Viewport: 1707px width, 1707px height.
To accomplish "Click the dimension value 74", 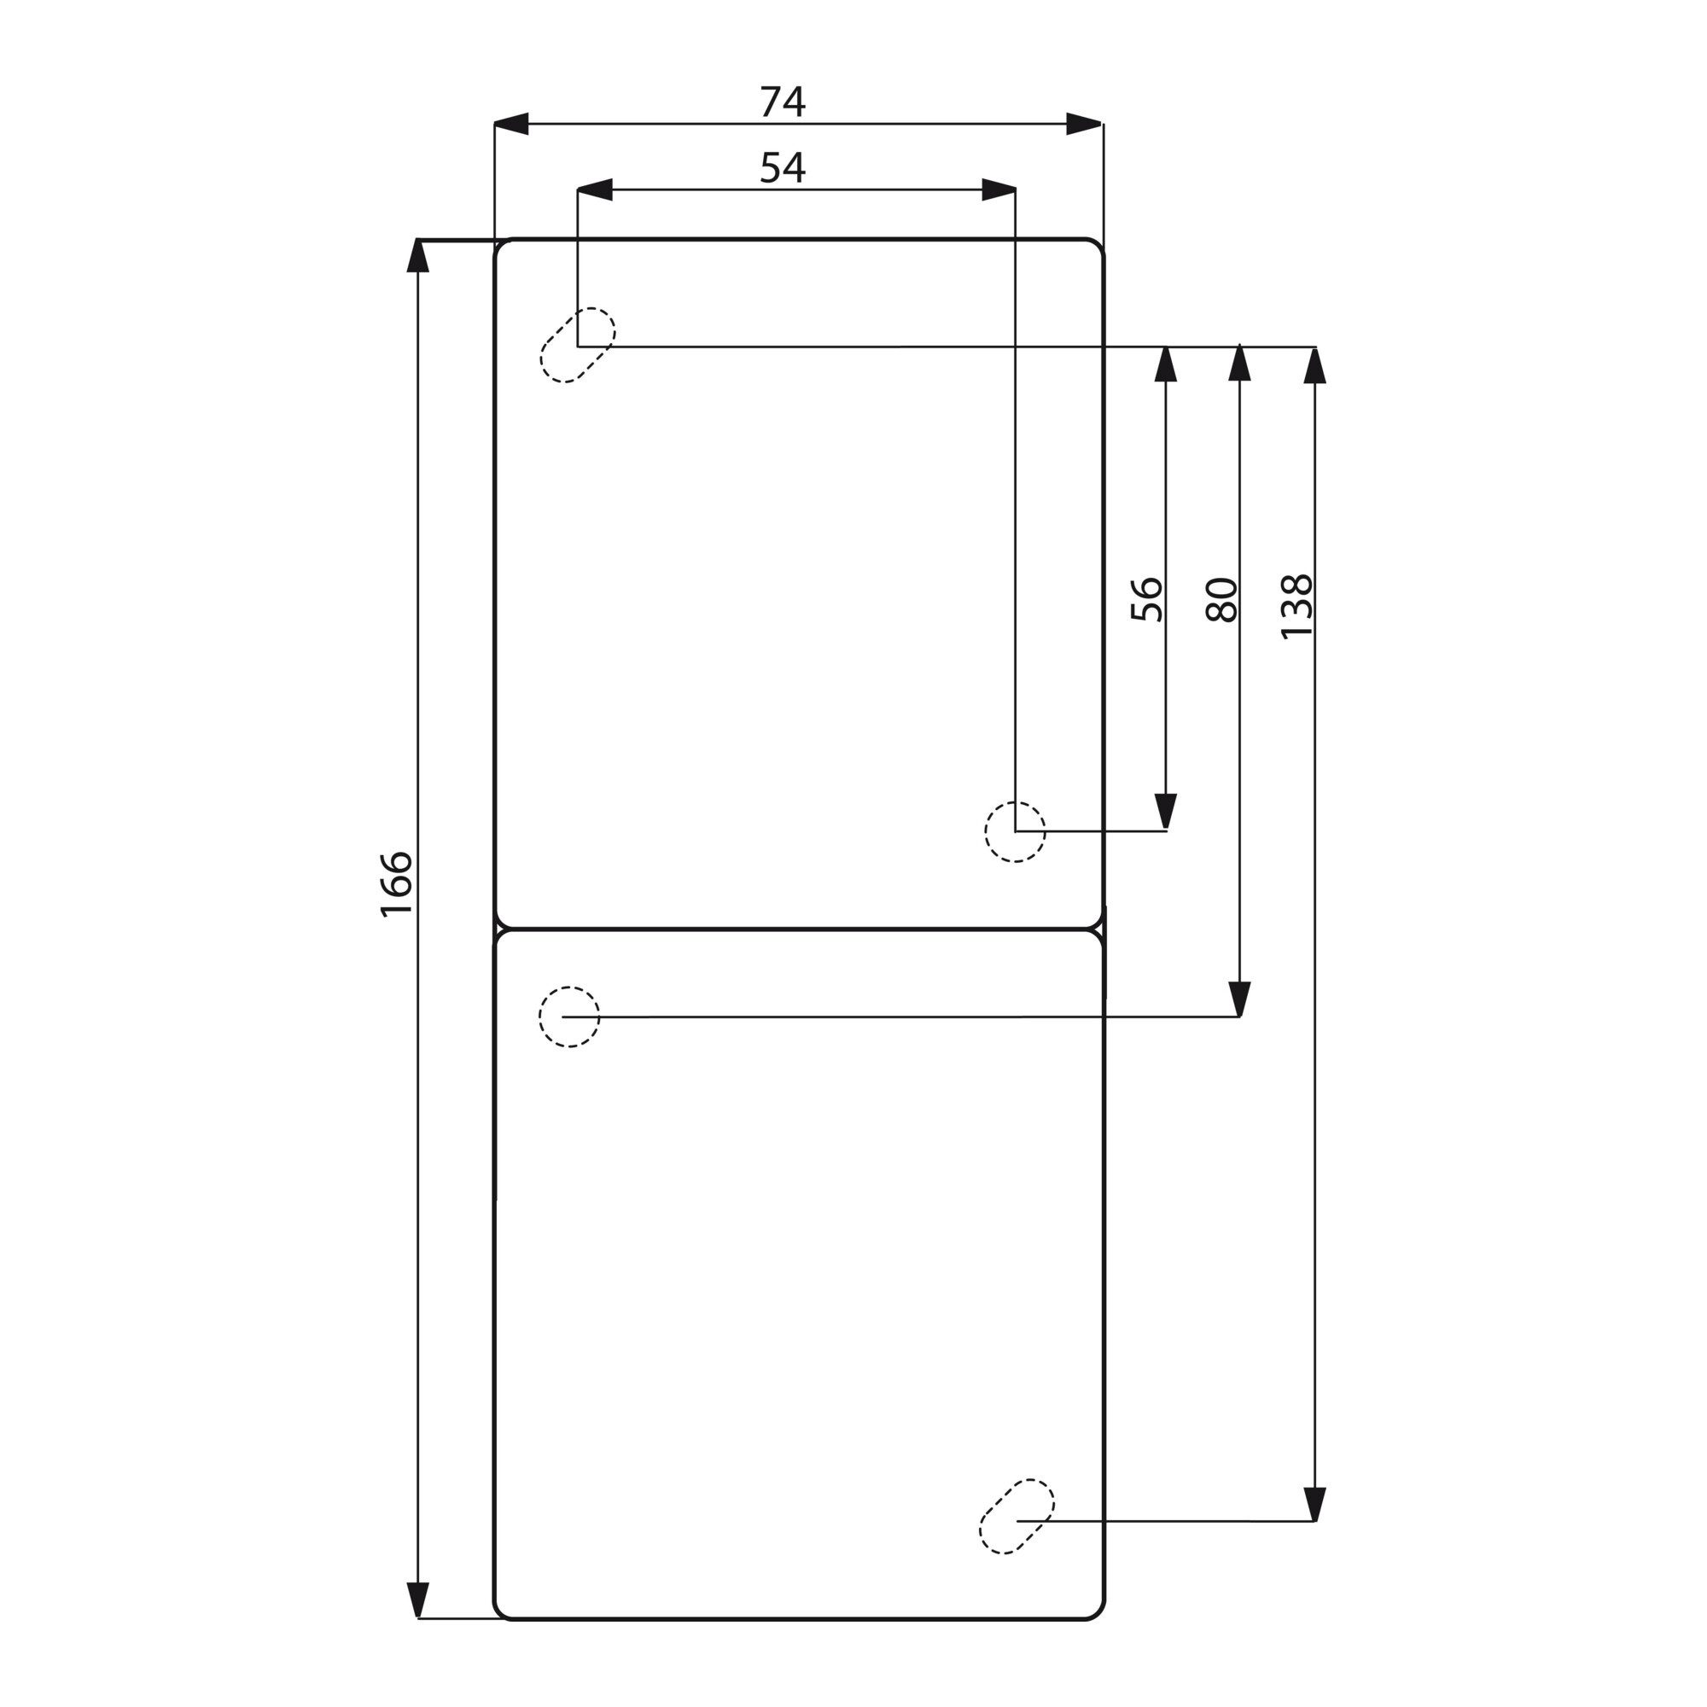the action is click(783, 102).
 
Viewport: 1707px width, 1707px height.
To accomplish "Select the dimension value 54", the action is click(783, 167).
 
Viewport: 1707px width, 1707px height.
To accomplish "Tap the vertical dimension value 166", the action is click(397, 884).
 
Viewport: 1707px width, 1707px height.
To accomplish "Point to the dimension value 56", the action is click(1147, 599).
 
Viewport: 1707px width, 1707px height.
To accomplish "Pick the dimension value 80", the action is click(1221, 599).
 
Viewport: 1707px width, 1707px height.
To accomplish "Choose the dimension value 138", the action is click(1297, 606).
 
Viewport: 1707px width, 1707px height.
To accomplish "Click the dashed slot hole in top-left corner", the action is click(578, 346).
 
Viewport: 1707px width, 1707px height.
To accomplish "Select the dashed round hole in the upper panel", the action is click(1015, 831).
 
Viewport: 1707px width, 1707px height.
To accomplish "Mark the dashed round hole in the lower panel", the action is click(570, 1017).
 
